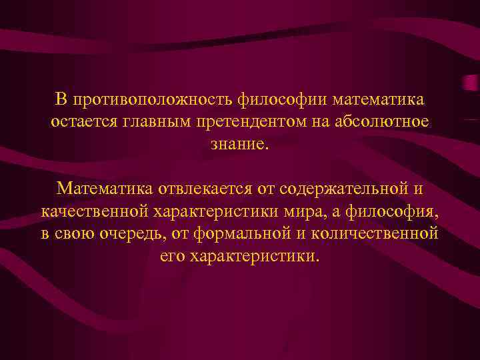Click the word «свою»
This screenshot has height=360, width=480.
(x=76, y=234)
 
